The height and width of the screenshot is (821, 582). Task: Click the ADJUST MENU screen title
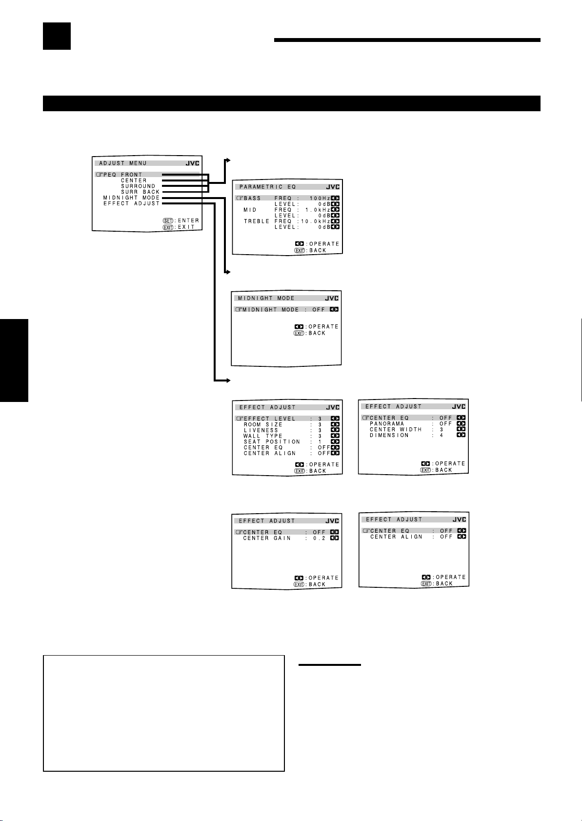point(123,163)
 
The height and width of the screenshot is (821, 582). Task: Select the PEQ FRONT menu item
point(123,175)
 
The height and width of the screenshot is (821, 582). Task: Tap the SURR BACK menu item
point(140,192)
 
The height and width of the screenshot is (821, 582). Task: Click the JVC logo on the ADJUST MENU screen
point(192,163)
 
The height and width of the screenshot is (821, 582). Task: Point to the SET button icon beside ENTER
point(168,220)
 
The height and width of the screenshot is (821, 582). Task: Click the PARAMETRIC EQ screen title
point(267,187)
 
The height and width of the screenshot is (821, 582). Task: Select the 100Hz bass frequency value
point(320,198)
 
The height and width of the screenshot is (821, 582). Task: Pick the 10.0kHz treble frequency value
point(316,221)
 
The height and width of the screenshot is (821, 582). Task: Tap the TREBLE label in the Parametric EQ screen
point(257,221)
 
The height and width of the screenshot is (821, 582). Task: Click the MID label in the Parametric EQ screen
point(250,210)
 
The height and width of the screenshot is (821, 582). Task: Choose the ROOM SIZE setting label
point(263,424)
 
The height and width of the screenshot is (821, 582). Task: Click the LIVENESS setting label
point(261,430)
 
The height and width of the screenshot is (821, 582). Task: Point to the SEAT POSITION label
point(272,442)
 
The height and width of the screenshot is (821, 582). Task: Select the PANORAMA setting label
point(387,424)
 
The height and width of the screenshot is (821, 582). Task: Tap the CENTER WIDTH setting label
point(396,430)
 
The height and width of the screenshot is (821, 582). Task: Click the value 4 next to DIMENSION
point(442,436)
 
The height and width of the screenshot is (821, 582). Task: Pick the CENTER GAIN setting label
point(267,538)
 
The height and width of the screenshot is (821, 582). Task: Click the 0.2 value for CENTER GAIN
point(319,538)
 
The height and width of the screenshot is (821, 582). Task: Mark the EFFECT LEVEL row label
point(269,419)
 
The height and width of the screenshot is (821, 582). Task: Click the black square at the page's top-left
point(57,36)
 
